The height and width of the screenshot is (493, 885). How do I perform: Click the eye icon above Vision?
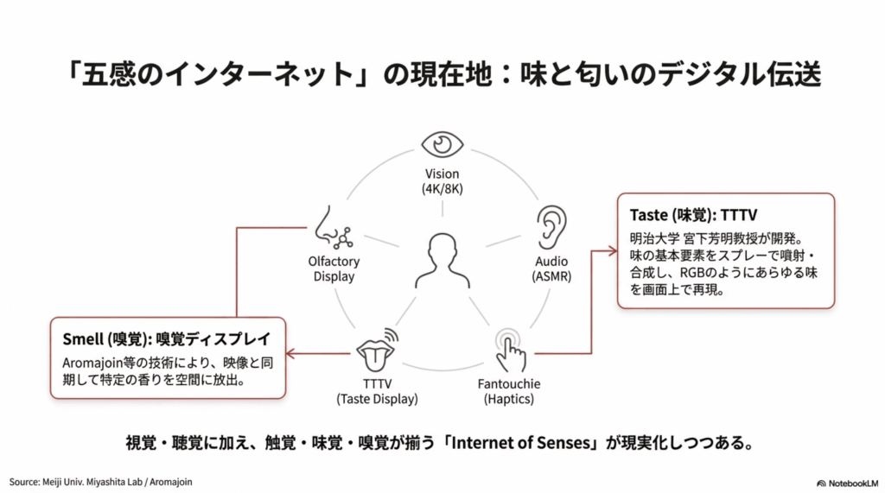[x=442, y=144]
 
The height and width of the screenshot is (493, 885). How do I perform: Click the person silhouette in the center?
[x=442, y=260]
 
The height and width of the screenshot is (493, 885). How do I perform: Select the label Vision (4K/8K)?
[x=442, y=181]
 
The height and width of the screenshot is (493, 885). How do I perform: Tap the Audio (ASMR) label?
[x=551, y=269]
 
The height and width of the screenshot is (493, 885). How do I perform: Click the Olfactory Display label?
[x=333, y=269]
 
